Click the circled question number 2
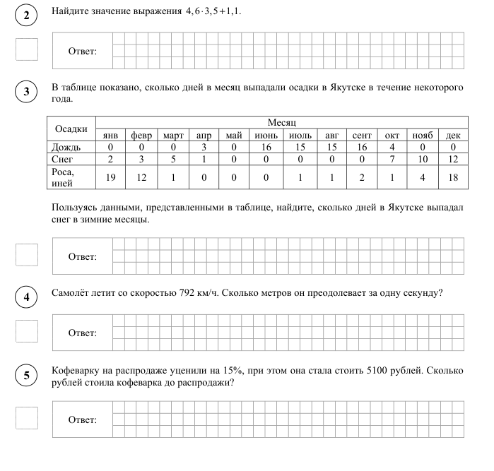click(x=26, y=16)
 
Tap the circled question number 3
click(x=26, y=91)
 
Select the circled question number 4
click(x=26, y=297)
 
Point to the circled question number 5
click(x=26, y=375)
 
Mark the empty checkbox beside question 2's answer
click(x=26, y=49)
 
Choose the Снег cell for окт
click(x=392, y=160)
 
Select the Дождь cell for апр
click(x=204, y=147)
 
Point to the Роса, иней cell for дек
click(x=452, y=177)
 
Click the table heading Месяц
click(x=281, y=123)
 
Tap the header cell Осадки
click(x=71, y=129)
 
